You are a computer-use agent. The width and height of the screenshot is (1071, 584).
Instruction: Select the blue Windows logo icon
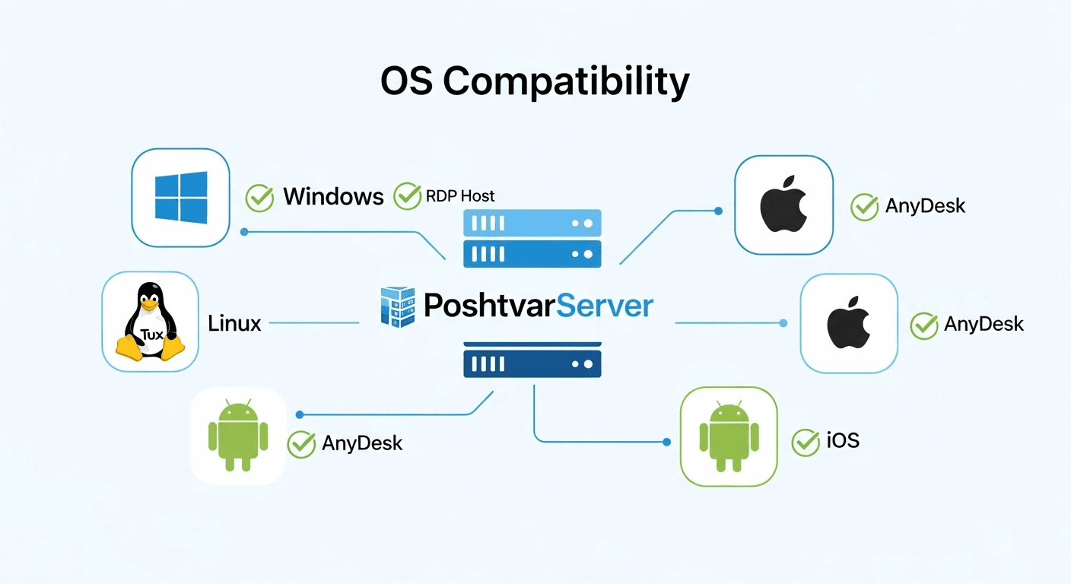[181, 197]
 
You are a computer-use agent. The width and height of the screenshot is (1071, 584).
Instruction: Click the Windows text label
[333, 197]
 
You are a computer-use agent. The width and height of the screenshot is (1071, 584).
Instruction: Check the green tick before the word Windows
[259, 198]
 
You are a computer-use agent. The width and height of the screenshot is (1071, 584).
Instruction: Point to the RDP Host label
[461, 196]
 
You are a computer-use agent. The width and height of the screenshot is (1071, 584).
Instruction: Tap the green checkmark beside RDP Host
[408, 195]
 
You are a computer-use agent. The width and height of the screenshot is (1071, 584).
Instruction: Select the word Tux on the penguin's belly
[151, 335]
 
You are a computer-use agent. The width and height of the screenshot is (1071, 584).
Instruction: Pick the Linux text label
[234, 324]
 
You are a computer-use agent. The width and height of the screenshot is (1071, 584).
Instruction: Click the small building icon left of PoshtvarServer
[398, 306]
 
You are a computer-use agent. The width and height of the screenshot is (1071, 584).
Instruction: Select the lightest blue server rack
[532, 224]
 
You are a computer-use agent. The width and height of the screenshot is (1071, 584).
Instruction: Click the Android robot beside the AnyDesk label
[238, 435]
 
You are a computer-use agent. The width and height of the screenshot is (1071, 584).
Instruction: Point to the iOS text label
[843, 440]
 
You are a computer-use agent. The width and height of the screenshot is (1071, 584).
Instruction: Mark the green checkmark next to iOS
[806, 442]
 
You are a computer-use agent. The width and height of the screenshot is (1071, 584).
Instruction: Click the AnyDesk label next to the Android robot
[362, 443]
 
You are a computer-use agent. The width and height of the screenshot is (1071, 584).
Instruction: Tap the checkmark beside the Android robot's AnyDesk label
[301, 444]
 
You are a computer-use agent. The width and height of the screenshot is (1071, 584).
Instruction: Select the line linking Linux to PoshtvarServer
[313, 323]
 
